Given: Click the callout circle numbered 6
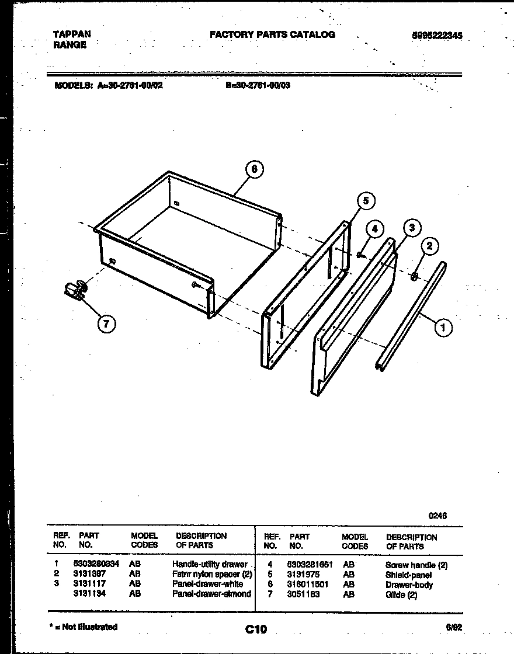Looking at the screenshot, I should (x=252, y=169).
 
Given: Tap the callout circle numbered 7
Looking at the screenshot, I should (x=106, y=324).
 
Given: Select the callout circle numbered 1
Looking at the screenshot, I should (x=443, y=328).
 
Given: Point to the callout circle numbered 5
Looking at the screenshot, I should (x=365, y=201).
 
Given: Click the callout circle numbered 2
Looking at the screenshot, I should (x=429, y=246).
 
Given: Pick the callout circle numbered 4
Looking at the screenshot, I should (x=375, y=229).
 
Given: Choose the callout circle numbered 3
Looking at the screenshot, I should (x=412, y=228).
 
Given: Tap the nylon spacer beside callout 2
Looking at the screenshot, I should (x=414, y=275).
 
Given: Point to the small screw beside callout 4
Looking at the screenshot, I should (x=360, y=255).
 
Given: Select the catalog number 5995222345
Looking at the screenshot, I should (x=437, y=36).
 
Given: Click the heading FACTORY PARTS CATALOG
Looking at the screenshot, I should (x=272, y=34).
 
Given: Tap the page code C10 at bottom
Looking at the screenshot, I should (x=256, y=629).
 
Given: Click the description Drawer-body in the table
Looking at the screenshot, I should (x=409, y=585).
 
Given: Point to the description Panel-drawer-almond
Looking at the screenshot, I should (x=211, y=594).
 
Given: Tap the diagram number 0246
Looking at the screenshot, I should (x=437, y=516).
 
